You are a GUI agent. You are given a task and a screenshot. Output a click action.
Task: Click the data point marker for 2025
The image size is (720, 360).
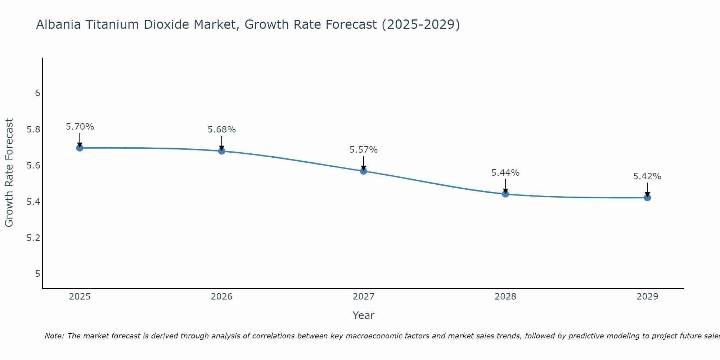[x=80, y=148]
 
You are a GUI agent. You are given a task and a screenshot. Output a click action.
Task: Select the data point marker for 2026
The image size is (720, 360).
[x=222, y=151]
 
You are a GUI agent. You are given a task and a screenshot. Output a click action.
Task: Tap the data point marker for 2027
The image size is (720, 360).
[x=364, y=171]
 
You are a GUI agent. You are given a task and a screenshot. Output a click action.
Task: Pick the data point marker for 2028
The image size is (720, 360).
[x=505, y=194]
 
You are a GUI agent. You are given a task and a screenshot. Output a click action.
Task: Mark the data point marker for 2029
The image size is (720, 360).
[x=647, y=198]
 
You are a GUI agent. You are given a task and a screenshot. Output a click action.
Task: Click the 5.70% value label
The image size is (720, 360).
[x=80, y=127]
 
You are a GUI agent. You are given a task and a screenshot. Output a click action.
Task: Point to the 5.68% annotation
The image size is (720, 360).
[x=222, y=130]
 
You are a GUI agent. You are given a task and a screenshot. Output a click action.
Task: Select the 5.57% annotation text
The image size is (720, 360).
[x=364, y=150]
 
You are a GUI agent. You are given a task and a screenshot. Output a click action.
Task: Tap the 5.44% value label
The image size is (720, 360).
[x=505, y=173]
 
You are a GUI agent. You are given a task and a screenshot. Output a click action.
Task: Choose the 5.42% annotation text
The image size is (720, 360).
[x=647, y=176]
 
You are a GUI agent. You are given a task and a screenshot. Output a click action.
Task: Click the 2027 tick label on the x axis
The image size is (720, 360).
[x=364, y=297]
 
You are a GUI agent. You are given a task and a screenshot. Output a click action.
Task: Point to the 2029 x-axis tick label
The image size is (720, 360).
[x=647, y=297]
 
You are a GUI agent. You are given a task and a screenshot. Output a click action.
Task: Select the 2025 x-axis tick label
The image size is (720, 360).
[x=80, y=297]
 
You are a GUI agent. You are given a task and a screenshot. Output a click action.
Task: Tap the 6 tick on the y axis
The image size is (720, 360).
[x=37, y=93]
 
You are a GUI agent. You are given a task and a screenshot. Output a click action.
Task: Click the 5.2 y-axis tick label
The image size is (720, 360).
[x=33, y=238]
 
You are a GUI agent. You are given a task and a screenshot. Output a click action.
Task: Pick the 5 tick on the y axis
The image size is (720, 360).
[x=37, y=274]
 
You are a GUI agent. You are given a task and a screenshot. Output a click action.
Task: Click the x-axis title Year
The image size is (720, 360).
[x=364, y=315]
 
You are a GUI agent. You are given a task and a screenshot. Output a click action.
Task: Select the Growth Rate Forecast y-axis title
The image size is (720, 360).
[x=9, y=172]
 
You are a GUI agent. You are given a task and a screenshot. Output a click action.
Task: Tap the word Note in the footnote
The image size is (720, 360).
[x=54, y=336]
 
